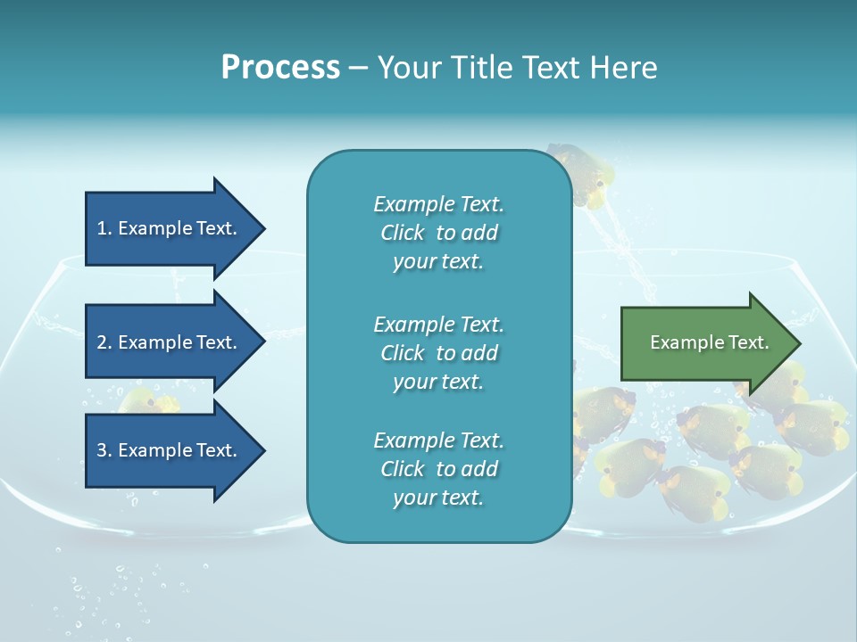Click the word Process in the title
point(280,68)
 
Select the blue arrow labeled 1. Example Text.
point(167,228)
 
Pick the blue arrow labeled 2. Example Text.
point(167,342)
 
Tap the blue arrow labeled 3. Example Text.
point(167,450)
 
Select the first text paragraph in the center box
point(438,233)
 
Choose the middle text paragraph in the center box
point(438,353)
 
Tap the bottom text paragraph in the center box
point(438,469)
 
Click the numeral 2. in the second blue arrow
point(104,342)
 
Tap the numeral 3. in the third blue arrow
point(104,450)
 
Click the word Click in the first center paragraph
point(403,233)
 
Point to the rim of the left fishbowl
point(62,261)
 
